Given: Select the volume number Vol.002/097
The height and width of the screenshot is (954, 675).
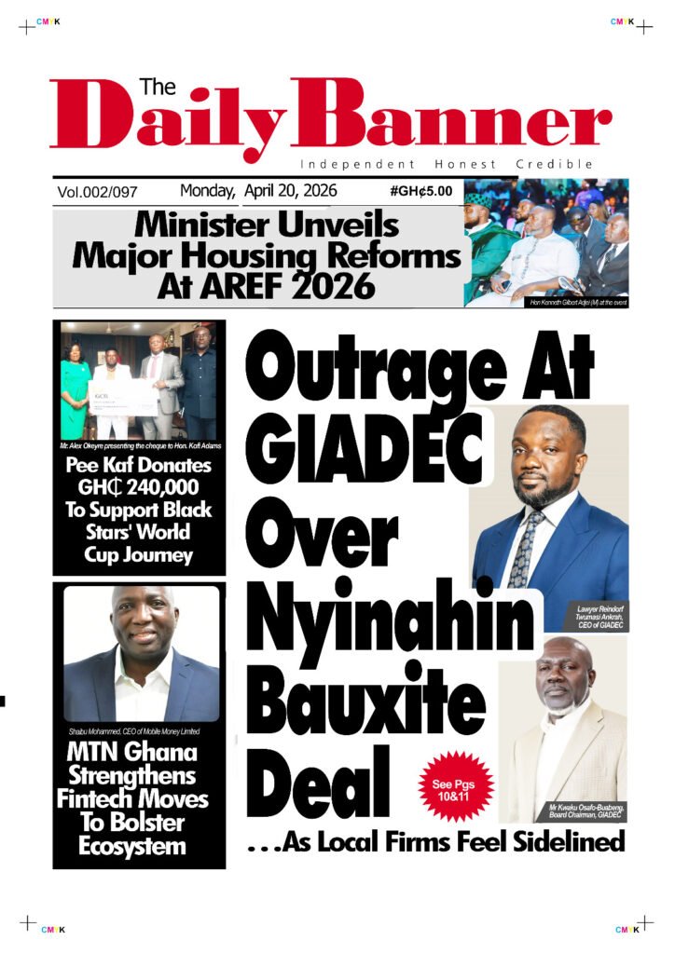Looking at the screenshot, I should tap(97, 192).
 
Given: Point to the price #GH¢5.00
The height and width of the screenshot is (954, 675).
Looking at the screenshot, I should tap(421, 191).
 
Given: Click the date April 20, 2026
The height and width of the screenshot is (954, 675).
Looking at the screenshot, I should tap(290, 191).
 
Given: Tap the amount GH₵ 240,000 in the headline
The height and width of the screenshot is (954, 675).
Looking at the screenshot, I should tap(138, 487).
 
